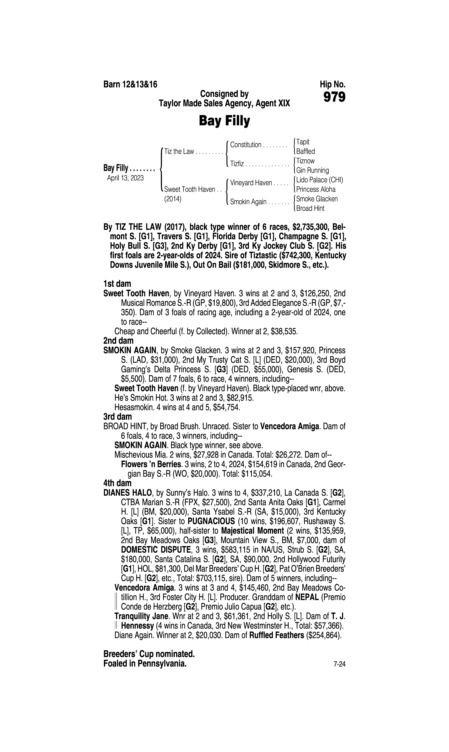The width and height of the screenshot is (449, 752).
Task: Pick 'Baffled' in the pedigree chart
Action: [306, 152]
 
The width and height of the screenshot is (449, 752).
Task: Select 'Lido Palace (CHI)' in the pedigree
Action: [319, 180]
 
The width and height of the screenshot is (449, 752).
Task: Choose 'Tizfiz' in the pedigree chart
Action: [237, 164]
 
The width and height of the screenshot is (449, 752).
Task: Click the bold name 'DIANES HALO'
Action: [128, 493]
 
